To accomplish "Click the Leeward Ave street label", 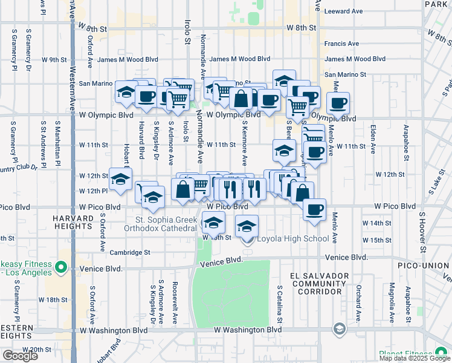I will [343, 11].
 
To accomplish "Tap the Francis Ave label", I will [341, 44].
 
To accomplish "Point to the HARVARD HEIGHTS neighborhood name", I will [71, 221].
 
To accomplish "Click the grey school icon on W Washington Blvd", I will [339, 329].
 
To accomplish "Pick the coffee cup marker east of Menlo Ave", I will [339, 103].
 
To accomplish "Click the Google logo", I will [20, 356].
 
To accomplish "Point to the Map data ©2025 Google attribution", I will [414, 358].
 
